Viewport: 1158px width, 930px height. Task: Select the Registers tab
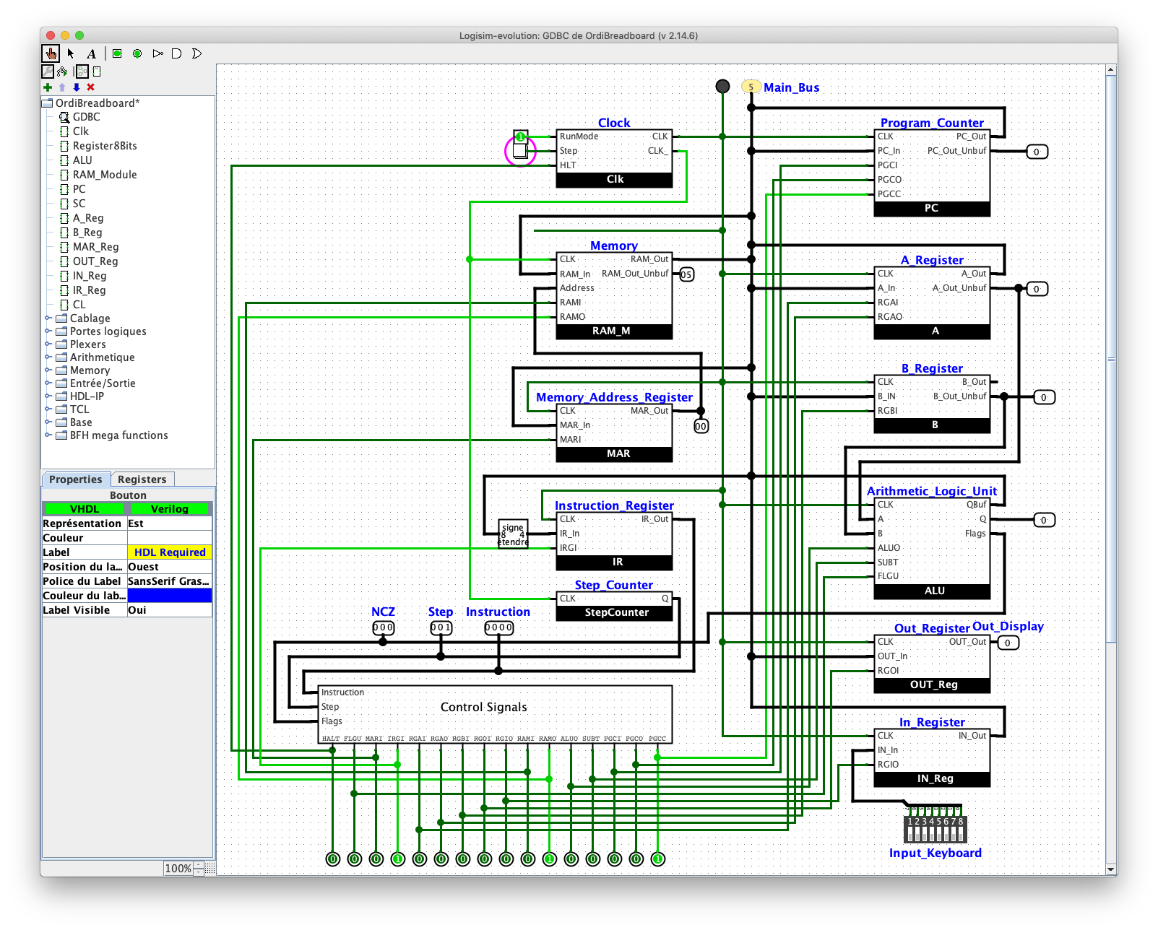(x=142, y=479)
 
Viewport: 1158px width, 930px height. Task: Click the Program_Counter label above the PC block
(x=931, y=123)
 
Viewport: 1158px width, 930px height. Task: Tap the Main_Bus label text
(x=791, y=87)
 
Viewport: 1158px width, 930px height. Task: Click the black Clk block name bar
(x=614, y=180)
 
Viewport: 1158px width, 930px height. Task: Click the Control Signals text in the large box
(x=483, y=707)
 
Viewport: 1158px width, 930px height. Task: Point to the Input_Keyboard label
(x=935, y=853)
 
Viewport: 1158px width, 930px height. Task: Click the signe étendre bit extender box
(x=513, y=534)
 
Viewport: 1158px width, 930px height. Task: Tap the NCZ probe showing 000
(x=383, y=627)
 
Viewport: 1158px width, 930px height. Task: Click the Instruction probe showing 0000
(x=498, y=627)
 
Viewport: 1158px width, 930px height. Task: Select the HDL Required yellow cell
(x=170, y=552)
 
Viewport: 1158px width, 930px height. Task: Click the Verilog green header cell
(x=170, y=509)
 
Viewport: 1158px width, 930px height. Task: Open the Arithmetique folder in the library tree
(x=102, y=357)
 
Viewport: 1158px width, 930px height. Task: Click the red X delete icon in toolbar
(x=90, y=87)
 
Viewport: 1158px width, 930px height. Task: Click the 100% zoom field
(x=178, y=869)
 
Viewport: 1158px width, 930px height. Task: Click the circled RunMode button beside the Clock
(x=520, y=151)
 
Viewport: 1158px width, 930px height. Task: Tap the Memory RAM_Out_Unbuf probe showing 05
(x=686, y=274)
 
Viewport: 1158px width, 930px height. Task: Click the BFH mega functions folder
(x=118, y=435)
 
